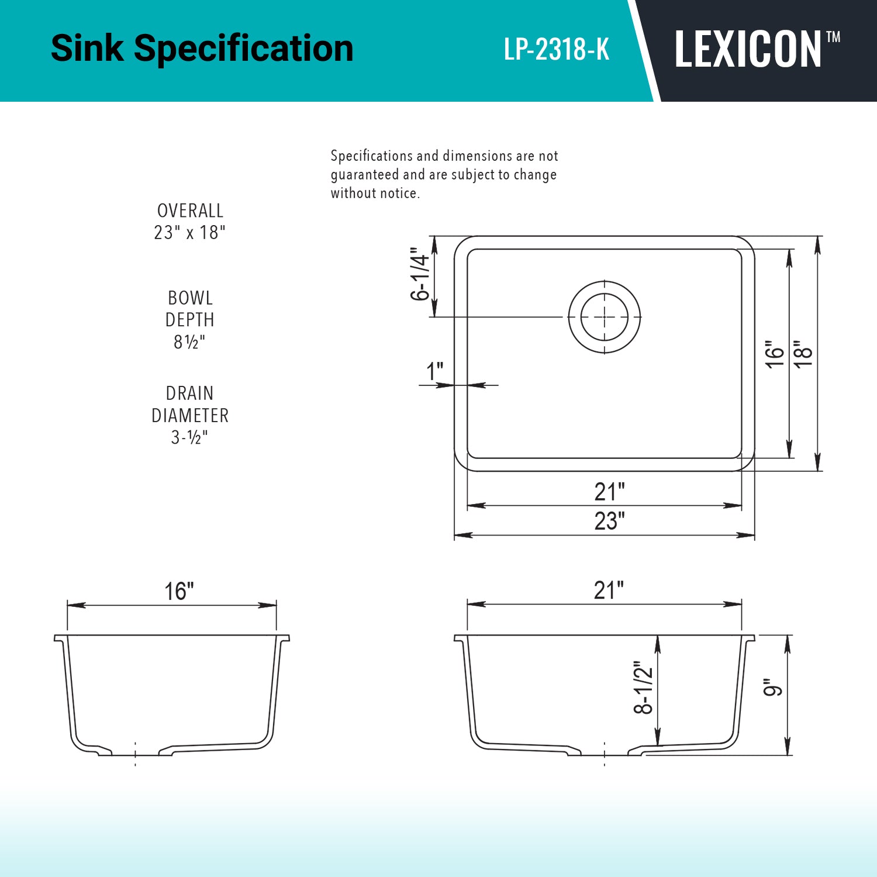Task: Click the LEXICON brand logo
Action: pos(748,49)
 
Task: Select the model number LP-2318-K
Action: pos(557,49)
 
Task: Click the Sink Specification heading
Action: pos(202,48)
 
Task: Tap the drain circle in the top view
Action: pos(605,317)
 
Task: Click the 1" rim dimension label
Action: pos(434,371)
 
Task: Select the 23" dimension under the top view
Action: pos(609,520)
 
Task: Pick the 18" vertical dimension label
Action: pos(804,353)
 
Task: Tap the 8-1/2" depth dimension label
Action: pos(643,688)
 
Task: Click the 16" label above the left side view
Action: pos(178,591)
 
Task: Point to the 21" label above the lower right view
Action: pos(609,590)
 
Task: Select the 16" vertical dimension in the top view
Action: pos(775,354)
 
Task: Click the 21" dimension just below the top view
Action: pos(609,492)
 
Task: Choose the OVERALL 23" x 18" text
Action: pos(190,222)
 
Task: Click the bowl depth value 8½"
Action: pos(189,342)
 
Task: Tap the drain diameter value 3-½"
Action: pos(189,437)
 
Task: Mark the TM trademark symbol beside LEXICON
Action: pos(833,37)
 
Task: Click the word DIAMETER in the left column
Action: pos(190,415)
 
